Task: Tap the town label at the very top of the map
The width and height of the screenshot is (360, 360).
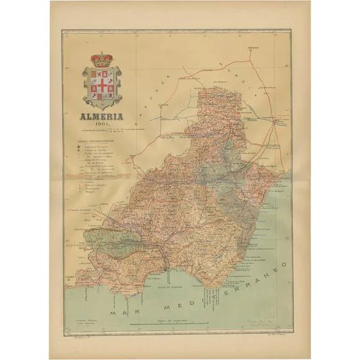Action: (253, 46)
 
